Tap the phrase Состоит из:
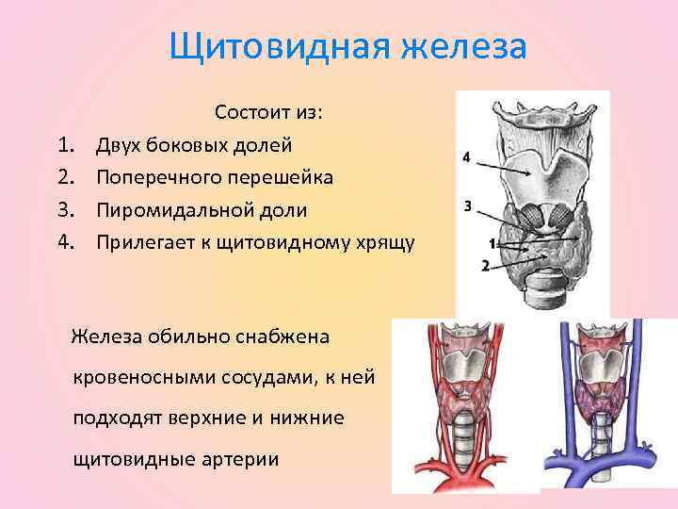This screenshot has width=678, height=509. (x=268, y=113)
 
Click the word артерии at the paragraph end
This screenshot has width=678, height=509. (x=244, y=459)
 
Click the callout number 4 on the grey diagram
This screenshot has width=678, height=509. (x=468, y=156)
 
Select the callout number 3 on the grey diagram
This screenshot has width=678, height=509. (x=468, y=206)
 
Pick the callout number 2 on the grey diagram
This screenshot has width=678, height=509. (x=486, y=265)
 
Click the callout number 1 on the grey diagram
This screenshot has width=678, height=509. (x=492, y=244)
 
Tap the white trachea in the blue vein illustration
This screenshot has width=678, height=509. (x=602, y=442)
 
